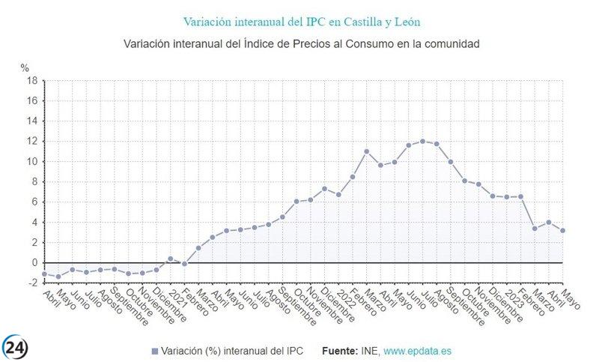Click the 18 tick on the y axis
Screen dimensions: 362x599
click(x=32, y=81)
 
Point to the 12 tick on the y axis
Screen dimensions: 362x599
click(x=32, y=142)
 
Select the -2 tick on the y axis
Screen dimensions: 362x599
click(x=32, y=283)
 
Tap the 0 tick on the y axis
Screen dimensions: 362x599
click(x=34, y=263)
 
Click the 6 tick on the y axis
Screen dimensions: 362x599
click(x=34, y=202)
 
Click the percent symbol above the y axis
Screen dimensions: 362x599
click(x=25, y=68)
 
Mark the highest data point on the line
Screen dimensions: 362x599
click(x=423, y=141)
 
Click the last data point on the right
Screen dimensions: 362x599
click(x=562, y=230)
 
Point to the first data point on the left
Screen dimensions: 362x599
click(x=44, y=274)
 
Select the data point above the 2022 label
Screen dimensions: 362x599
click(x=338, y=194)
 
